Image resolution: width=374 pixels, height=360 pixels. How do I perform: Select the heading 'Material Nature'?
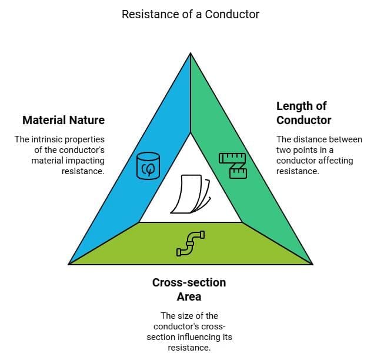coord(64,120)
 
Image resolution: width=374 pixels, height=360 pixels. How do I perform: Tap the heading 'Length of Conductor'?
coord(303,113)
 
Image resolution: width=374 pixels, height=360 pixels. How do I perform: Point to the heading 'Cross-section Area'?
coord(189,289)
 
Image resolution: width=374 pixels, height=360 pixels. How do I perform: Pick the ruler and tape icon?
coord(233,165)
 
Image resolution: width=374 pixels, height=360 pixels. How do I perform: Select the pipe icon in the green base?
coord(191,243)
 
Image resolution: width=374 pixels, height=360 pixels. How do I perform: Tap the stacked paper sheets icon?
coord(190,194)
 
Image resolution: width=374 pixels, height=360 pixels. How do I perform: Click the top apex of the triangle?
coord(191,54)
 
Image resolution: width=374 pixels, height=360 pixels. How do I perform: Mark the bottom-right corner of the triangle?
coord(312,264)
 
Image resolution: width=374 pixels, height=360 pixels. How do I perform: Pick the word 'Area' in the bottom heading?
coord(189,296)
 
